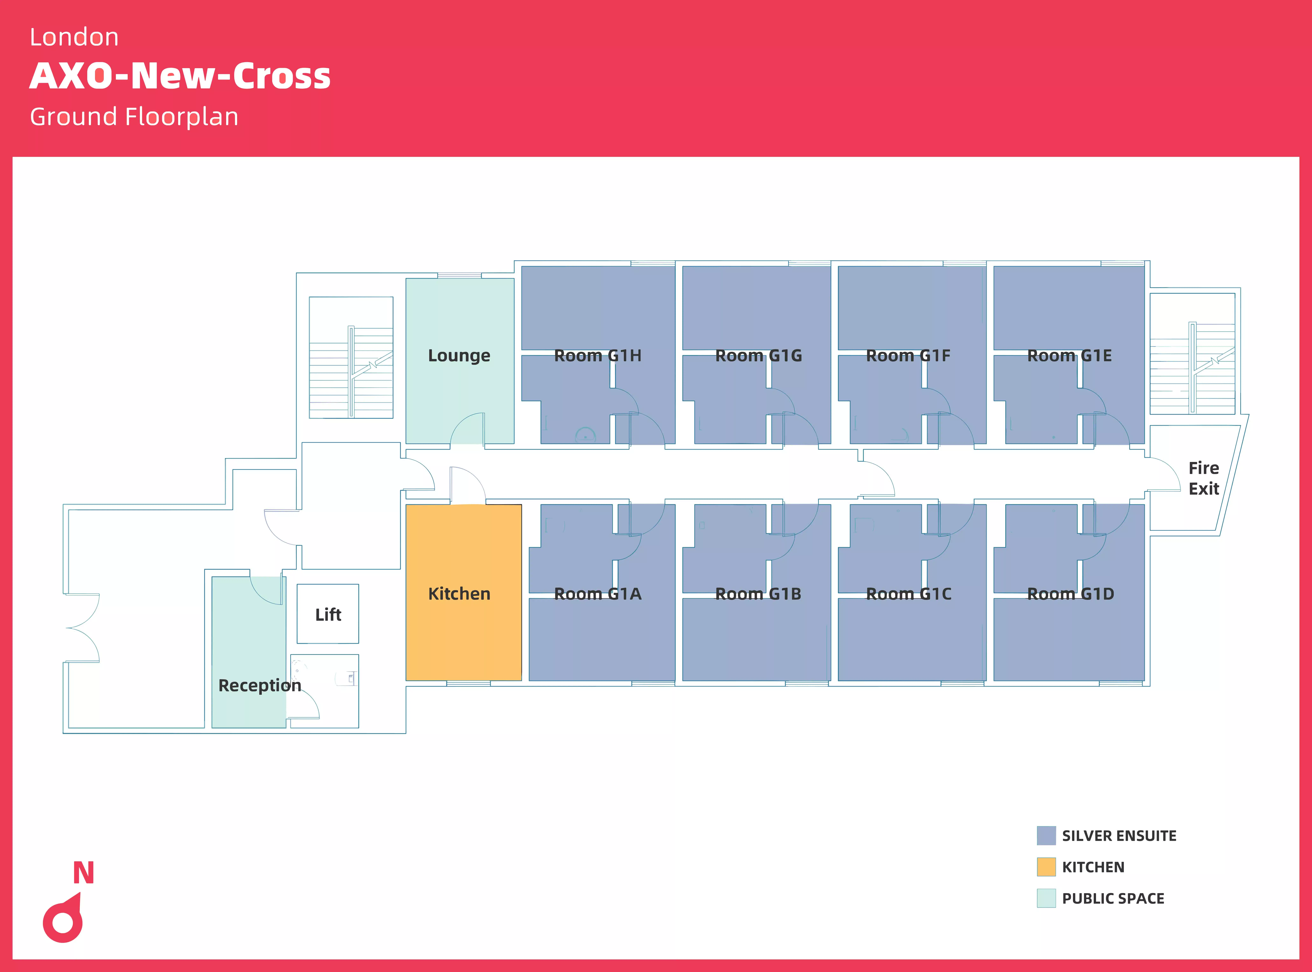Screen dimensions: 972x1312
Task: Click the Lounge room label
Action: tap(459, 355)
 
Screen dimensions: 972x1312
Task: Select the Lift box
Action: tap(328, 614)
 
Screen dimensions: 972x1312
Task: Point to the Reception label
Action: tap(259, 686)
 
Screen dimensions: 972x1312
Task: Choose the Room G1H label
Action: tap(597, 355)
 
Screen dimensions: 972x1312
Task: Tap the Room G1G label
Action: tap(758, 355)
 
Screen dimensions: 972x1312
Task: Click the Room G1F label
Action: tap(908, 355)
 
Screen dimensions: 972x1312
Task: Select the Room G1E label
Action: tap(1069, 355)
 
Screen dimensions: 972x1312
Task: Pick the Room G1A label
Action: tap(597, 594)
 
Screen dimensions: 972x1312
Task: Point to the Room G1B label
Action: tap(758, 594)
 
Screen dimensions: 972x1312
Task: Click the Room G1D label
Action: tap(1070, 594)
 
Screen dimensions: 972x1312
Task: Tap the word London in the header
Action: tap(74, 37)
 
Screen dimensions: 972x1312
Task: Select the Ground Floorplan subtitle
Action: tap(134, 117)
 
